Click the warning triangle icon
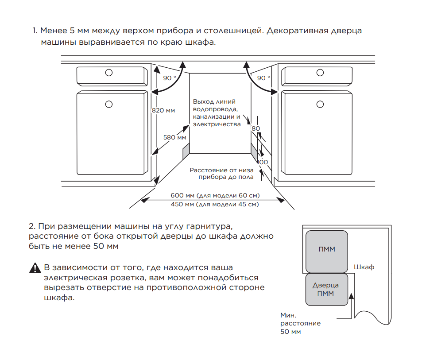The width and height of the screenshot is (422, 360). click(35, 268)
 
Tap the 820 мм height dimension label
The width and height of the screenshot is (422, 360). click(163, 110)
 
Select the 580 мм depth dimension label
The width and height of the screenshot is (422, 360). click(174, 137)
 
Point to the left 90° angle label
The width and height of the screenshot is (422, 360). click(170, 78)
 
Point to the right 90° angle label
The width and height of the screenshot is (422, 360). click(263, 78)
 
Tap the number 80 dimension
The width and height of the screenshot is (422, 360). click(256, 128)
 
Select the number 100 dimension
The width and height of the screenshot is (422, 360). click(263, 162)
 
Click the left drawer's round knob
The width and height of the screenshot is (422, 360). click(109, 73)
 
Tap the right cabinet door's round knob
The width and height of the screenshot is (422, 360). click(320, 105)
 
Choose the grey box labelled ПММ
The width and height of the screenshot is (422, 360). click(327, 252)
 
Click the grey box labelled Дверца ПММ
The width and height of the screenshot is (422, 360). click(327, 290)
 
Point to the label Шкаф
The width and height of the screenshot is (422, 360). click(364, 267)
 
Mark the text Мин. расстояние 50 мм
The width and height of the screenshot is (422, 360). click(300, 323)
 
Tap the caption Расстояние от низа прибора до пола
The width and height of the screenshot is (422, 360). click(221, 174)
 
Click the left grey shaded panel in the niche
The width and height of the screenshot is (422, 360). click(186, 151)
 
